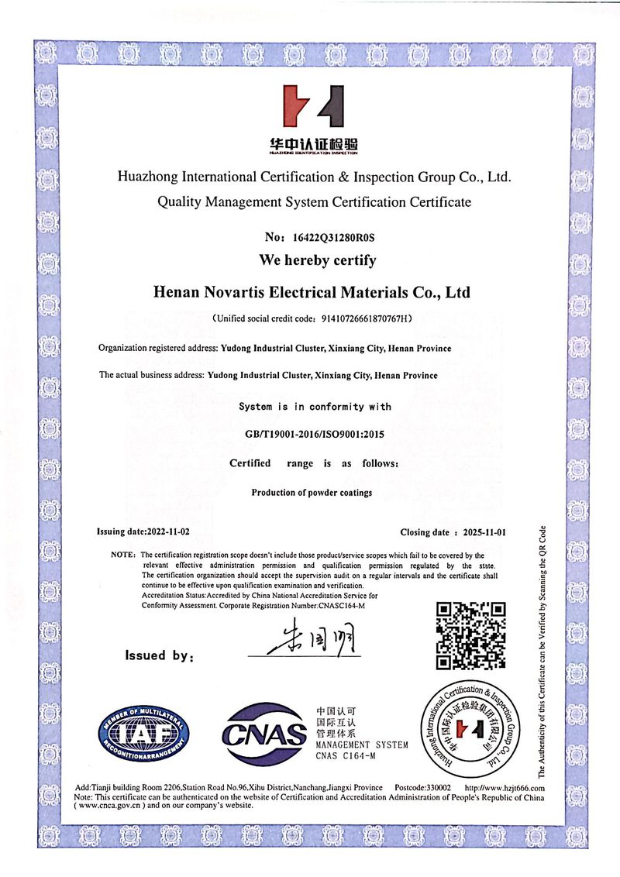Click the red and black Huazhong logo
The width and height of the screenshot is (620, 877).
pos(311,107)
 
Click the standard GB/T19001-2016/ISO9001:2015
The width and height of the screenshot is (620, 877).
pos(315,435)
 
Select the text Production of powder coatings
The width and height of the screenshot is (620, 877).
pos(312,493)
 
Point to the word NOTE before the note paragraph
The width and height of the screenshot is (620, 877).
pos(123,555)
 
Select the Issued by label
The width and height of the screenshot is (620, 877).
pos(158,656)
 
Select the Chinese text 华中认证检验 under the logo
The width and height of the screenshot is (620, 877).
pos(310,144)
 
